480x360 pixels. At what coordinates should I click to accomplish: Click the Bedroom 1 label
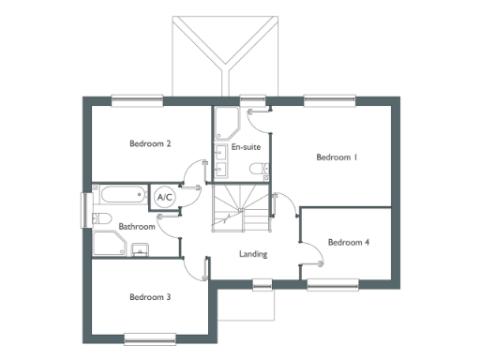pos(337,157)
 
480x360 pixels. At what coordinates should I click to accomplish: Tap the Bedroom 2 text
pos(149,144)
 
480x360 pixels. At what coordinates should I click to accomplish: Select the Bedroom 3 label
pos(149,297)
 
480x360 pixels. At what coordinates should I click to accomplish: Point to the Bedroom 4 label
pos(348,243)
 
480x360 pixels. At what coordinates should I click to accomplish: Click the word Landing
pos(253,254)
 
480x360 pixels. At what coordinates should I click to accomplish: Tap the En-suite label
pos(245,148)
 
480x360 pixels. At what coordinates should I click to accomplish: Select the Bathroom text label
pos(136,227)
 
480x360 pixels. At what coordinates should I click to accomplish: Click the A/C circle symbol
pos(165,198)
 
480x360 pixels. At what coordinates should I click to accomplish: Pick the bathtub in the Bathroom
pos(122,197)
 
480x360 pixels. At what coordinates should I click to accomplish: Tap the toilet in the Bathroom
pos(101,218)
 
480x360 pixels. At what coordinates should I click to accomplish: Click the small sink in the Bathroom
pos(140,249)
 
